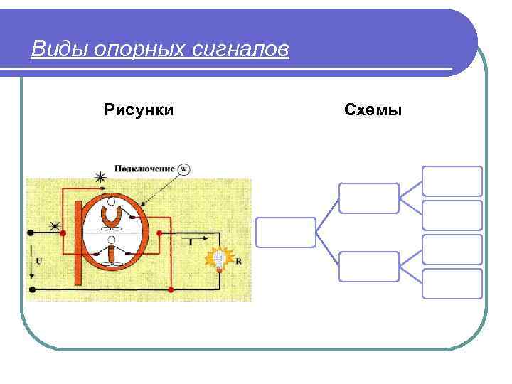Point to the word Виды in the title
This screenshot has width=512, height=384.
[x=56, y=50]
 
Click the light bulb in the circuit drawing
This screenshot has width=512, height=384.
[x=220, y=259]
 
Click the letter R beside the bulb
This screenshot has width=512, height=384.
[x=238, y=261]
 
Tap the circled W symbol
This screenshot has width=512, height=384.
[x=183, y=169]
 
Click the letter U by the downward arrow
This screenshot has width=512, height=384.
[x=38, y=260]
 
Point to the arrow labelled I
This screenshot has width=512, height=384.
[x=191, y=242]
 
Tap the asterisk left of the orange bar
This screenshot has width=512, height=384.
[x=54, y=226]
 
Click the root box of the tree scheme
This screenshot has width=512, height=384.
[x=285, y=232]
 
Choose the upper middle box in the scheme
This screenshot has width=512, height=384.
[x=368, y=198]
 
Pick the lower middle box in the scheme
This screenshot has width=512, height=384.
[x=368, y=266]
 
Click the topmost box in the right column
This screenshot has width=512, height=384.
[x=452, y=181]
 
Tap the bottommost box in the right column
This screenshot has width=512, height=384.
[x=452, y=283]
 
